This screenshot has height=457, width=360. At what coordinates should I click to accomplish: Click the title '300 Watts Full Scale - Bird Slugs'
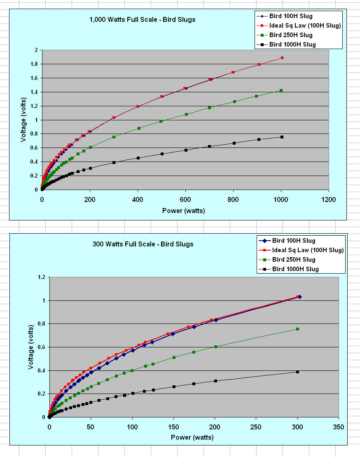143,244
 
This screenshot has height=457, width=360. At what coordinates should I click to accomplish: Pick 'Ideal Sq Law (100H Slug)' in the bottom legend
308,250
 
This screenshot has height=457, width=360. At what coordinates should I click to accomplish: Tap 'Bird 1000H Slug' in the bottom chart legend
295,269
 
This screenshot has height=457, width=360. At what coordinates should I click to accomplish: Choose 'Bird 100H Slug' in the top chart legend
291,16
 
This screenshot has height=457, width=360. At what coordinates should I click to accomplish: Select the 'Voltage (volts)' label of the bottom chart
31,347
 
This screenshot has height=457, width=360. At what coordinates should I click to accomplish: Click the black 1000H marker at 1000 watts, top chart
282,137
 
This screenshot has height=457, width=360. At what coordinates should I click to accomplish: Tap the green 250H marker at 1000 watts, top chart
281,91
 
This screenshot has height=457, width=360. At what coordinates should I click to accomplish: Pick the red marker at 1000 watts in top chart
282,58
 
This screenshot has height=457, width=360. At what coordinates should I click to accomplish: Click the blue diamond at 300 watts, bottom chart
299,297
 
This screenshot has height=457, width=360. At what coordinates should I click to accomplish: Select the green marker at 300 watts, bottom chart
297,329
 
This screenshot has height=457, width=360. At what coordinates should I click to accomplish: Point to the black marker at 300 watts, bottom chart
297,372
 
